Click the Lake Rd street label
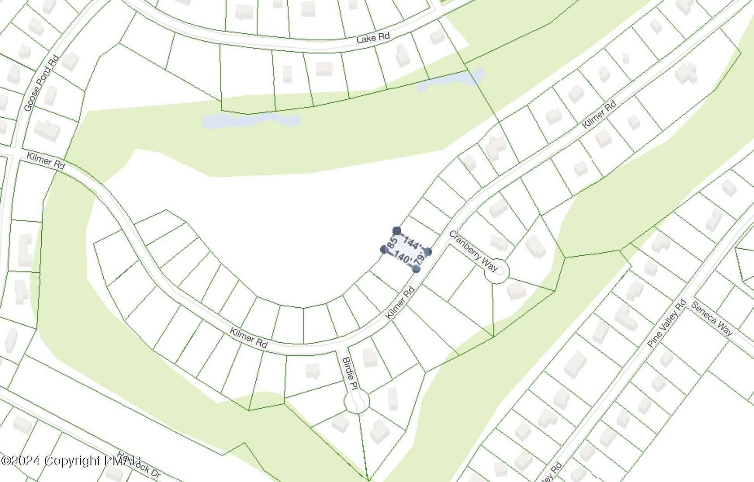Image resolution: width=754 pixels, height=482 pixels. (373, 37)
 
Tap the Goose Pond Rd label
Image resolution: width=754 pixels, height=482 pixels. (42, 84)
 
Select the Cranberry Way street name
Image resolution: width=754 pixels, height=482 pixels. (473, 251)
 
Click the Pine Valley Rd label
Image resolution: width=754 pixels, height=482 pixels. (667, 323)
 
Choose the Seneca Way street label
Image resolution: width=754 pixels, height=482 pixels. (712, 318)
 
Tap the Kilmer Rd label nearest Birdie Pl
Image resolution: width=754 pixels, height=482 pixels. (249, 338)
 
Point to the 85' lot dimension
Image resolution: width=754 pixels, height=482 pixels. (392, 243)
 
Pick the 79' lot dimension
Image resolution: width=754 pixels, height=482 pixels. (421, 259)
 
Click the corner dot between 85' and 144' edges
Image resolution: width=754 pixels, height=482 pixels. (396, 231)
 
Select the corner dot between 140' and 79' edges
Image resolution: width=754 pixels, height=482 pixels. (416, 269)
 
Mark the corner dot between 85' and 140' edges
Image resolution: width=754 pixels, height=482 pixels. (384, 249)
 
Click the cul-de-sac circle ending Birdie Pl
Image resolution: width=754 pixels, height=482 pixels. (356, 401)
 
